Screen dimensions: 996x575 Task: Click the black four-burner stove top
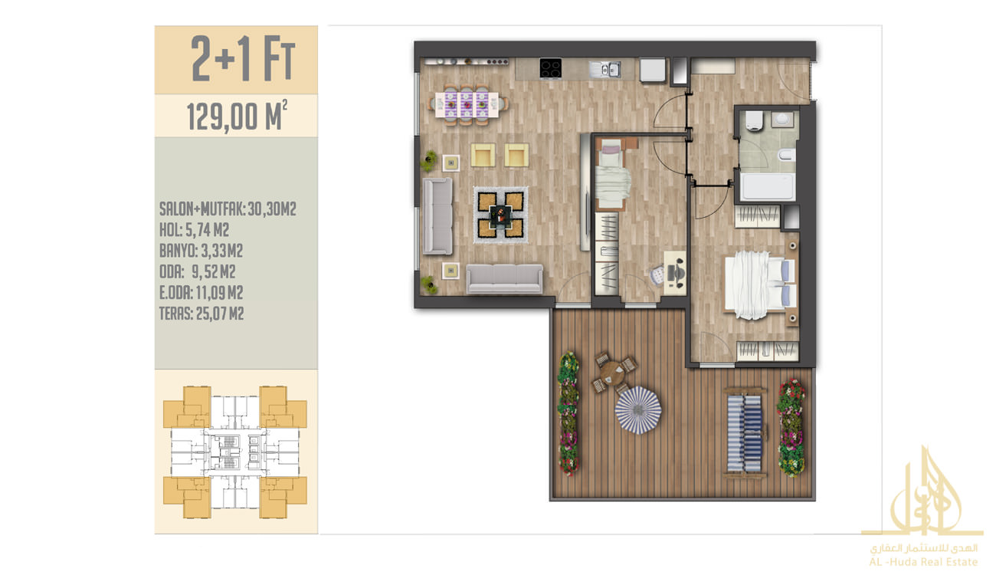tap(550, 68)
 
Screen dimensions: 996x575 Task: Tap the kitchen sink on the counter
tap(604, 69)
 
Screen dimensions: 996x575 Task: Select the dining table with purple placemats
tap(467, 104)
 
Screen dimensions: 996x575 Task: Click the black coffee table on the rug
tap(500, 216)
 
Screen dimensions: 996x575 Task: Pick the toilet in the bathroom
tap(754, 121)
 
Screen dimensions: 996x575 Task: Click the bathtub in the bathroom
tap(768, 186)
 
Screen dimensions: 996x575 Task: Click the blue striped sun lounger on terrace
tap(745, 433)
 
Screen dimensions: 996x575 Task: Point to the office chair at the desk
tap(657, 274)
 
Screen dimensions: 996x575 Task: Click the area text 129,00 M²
tap(237, 116)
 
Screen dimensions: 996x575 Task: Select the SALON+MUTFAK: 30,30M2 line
tap(228, 209)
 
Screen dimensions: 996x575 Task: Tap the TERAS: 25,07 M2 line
tap(201, 314)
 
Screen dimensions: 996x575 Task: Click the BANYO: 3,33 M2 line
tap(201, 251)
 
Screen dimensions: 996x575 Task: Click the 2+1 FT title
tap(243, 59)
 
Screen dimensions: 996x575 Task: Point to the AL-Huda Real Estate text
tap(923, 562)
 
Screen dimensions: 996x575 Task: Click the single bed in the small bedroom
tap(612, 174)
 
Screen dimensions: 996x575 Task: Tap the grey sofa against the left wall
tap(437, 216)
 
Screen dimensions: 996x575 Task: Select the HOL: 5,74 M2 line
tap(194, 230)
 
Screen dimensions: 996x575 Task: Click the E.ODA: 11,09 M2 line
tap(201, 293)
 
